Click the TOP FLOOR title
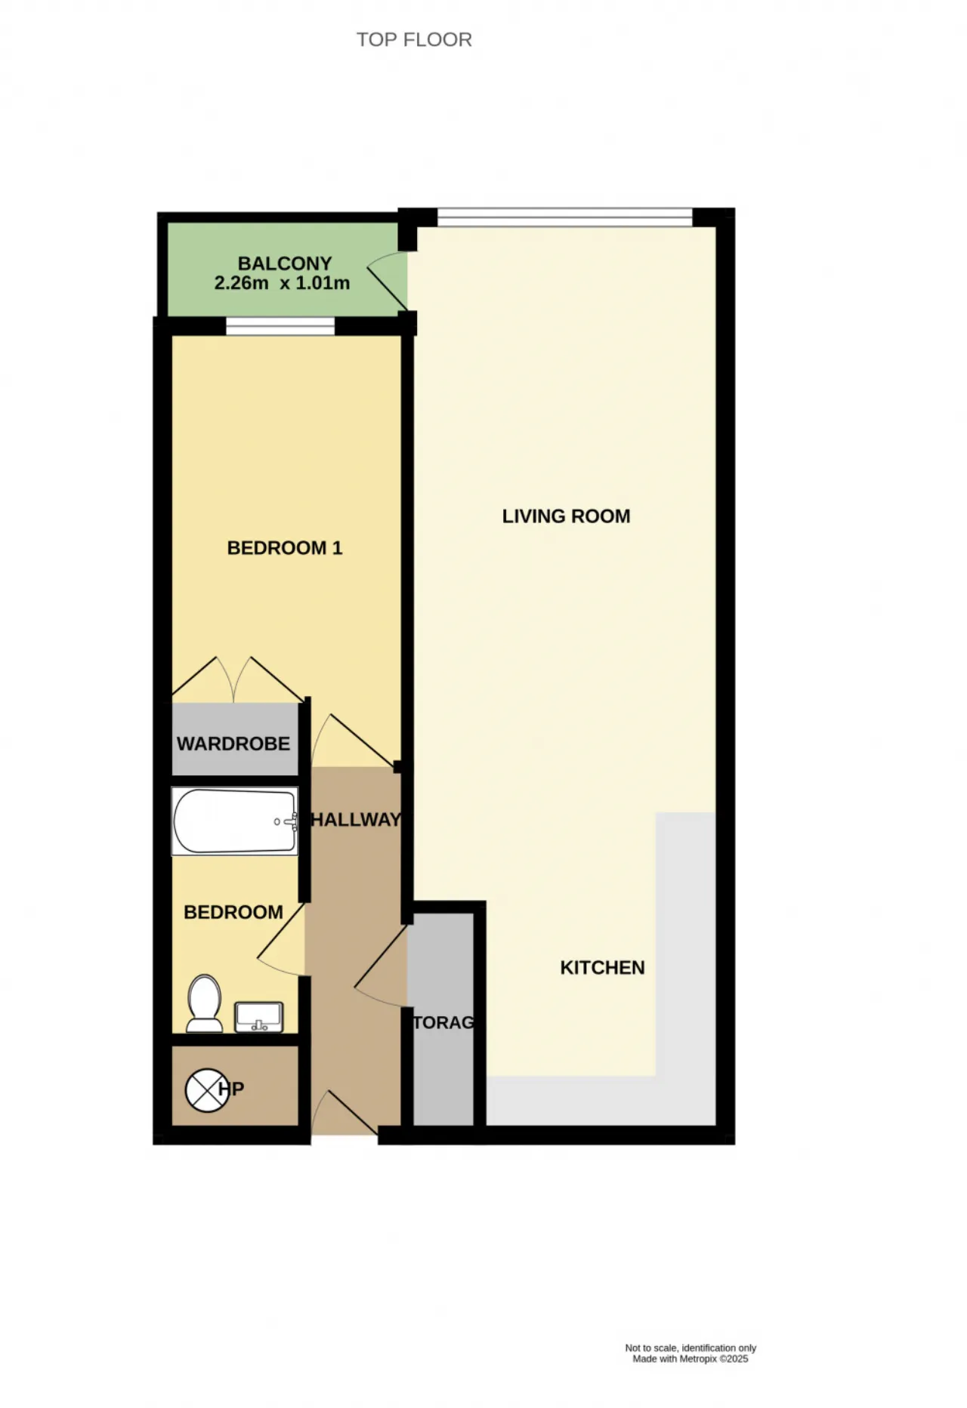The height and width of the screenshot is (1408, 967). point(414,39)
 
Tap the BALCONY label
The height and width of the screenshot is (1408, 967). point(285,263)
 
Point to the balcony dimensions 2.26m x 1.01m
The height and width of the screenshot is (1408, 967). point(282,283)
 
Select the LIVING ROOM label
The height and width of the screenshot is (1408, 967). point(566,516)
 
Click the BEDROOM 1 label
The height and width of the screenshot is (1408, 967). point(285,548)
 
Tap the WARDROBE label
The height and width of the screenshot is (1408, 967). point(233,744)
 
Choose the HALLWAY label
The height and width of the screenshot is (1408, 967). point(356,820)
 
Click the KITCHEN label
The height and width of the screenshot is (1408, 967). point(602,968)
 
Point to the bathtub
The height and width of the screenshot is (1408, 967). point(235,821)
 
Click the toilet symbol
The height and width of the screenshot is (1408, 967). point(205,1003)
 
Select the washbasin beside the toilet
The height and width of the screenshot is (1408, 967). point(259,1017)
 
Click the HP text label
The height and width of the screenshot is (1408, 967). point(231,1089)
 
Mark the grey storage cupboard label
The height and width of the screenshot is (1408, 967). point(443,1022)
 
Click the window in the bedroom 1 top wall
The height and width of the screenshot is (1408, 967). point(280,326)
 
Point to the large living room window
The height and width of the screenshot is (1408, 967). point(564,217)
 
